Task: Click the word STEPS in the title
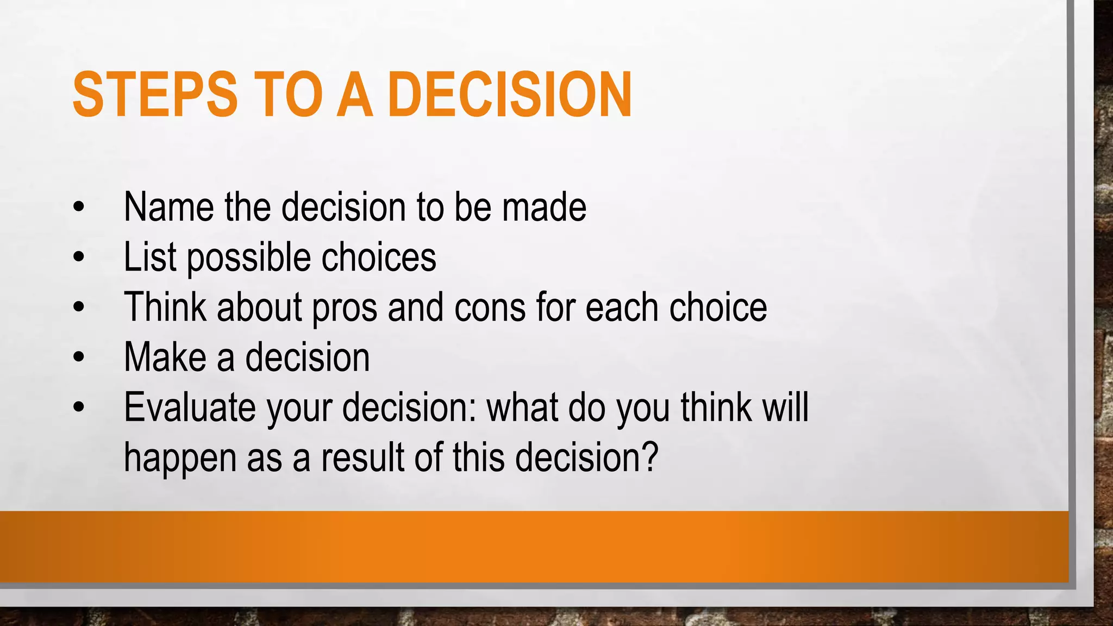pos(155,95)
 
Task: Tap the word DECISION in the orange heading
pos(511,95)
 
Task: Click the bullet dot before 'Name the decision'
pos(79,207)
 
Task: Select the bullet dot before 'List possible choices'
pos(79,257)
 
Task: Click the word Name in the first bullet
pos(168,207)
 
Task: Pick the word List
pos(149,257)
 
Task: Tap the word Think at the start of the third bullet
pos(165,308)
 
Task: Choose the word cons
pos(490,309)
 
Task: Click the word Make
pos(165,358)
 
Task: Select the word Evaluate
pos(190,408)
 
